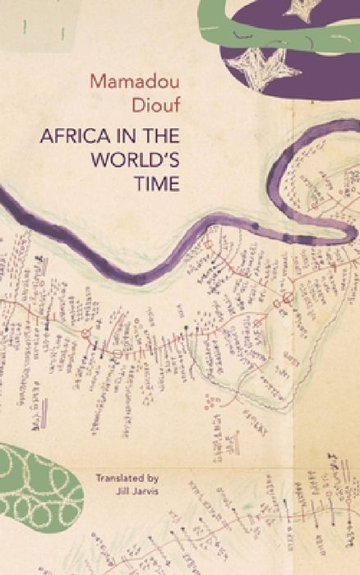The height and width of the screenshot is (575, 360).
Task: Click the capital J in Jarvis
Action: tap(122, 490)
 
